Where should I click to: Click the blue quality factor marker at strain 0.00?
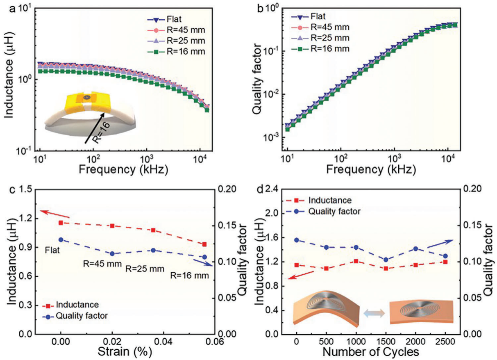coord(61,239)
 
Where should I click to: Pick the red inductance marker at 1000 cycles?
coord(356,261)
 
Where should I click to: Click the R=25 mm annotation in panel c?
coord(145,269)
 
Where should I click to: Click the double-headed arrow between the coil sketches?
coord(374,313)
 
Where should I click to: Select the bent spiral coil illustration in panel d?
coord(327,308)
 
